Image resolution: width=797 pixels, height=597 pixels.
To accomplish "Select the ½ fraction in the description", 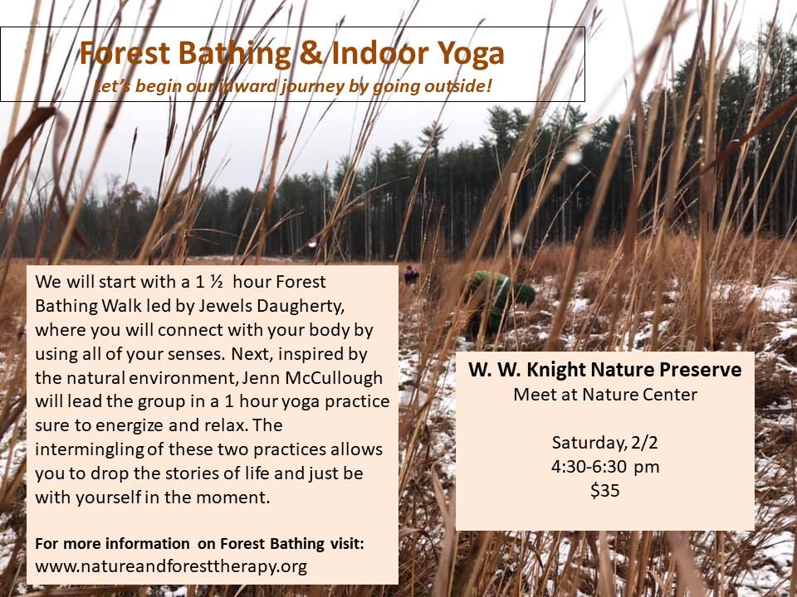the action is [x=217, y=282].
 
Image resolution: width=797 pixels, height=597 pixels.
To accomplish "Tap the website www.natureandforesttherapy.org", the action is [x=171, y=566].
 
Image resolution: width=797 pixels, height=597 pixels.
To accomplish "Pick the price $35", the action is [x=605, y=490].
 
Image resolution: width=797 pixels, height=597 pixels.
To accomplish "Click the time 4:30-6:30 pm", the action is [x=605, y=467].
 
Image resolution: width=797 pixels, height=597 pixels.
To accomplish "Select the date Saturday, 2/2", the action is [x=605, y=443].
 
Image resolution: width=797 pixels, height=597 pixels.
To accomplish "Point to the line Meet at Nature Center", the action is [x=605, y=395].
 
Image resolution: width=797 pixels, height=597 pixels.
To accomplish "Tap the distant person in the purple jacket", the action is [x=411, y=274].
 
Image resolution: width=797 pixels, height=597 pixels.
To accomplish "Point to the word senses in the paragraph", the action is [x=198, y=354].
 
